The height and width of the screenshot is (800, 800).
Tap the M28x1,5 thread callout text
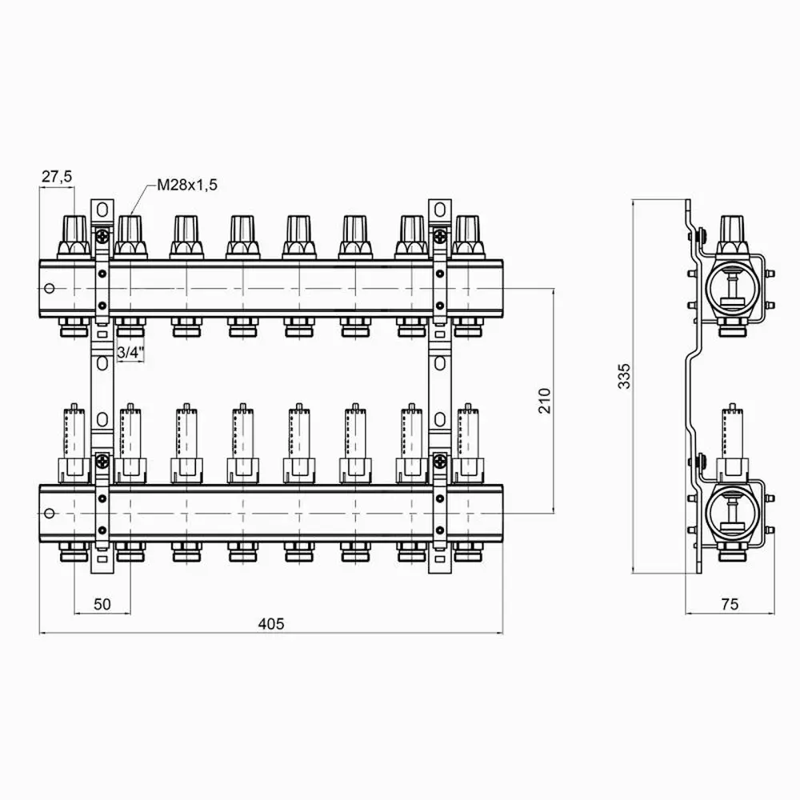[186, 185]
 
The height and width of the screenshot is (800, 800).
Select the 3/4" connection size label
[130, 352]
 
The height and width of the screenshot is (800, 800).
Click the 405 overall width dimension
[272, 623]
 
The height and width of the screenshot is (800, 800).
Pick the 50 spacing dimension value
[102, 603]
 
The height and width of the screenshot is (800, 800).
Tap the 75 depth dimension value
[730, 605]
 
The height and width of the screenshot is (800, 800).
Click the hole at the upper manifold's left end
[50, 288]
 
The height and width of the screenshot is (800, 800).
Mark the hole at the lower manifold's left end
[50, 513]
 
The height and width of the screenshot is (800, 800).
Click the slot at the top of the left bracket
[102, 210]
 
